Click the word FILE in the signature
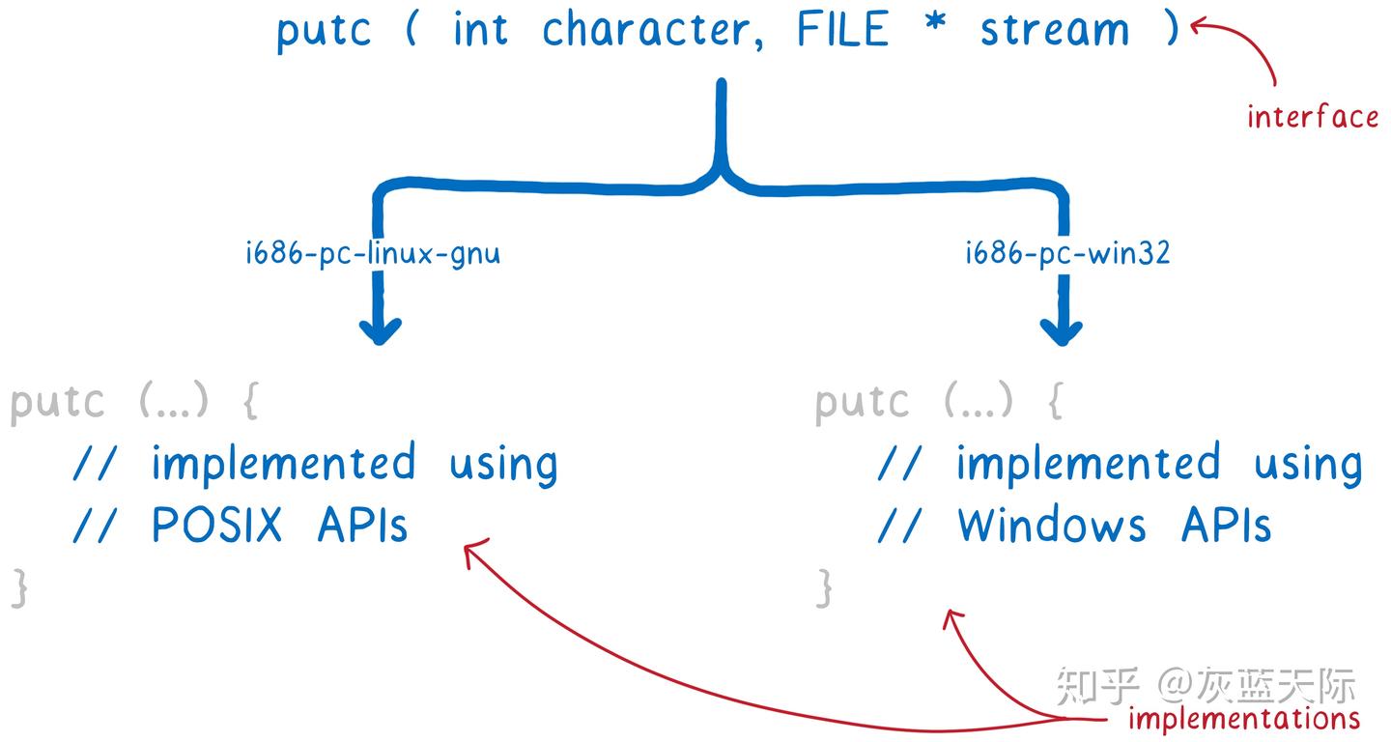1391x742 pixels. [x=841, y=29]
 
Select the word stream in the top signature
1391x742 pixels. [x=1054, y=30]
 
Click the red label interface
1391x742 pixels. [x=1312, y=117]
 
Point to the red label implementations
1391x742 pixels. [x=1244, y=719]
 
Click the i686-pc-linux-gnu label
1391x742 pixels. [x=373, y=254]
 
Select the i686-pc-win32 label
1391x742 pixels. [x=1067, y=254]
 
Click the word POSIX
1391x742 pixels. [x=217, y=526]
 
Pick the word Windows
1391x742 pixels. [x=1052, y=526]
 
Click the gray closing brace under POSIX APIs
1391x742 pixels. [x=19, y=587]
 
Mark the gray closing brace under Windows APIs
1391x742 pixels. [x=824, y=587]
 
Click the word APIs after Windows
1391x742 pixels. [x=1226, y=526]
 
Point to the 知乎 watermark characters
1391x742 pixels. [x=1098, y=685]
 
